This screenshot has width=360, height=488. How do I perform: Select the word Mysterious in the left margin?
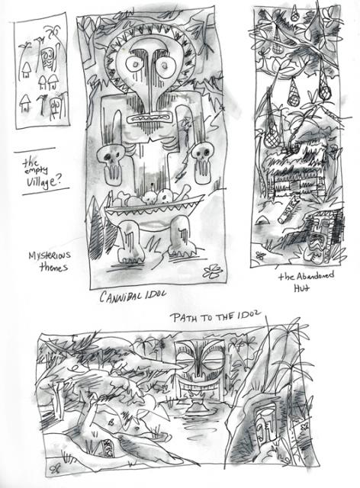pyautogui.click(x=50, y=256)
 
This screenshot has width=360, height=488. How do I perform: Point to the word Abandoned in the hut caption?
pyautogui.click(x=314, y=276)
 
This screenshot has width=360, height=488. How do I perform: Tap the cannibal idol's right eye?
pyautogui.click(x=166, y=66)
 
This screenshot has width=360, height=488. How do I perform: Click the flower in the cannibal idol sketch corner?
pyautogui.click(x=212, y=271)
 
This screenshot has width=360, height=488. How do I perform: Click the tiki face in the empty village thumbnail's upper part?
pyautogui.click(x=47, y=58)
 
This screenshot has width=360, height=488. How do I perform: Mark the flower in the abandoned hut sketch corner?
pyautogui.click(x=260, y=256)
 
